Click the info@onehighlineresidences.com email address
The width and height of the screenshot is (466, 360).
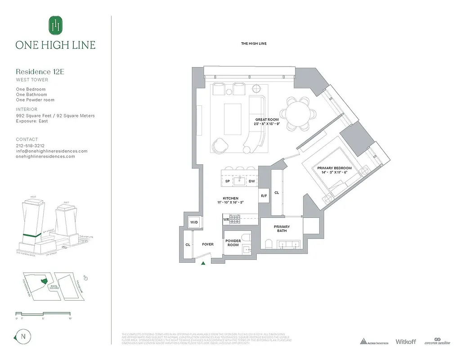pos(51,151)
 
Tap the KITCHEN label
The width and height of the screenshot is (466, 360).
pos(230,198)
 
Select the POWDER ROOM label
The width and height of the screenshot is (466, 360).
pos(233,243)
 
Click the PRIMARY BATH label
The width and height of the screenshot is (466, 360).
pos(282,229)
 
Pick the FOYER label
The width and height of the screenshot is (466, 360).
pos(207,244)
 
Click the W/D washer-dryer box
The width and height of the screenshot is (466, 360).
pos(194,222)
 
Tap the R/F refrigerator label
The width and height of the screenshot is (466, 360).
pos(264,196)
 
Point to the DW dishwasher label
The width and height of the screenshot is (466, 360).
pos(252,181)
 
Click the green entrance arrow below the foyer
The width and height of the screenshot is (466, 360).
pos(204,264)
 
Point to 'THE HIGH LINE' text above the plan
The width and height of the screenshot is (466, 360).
pos(254,43)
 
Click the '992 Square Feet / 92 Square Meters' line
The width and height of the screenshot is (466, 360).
pos(55,116)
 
